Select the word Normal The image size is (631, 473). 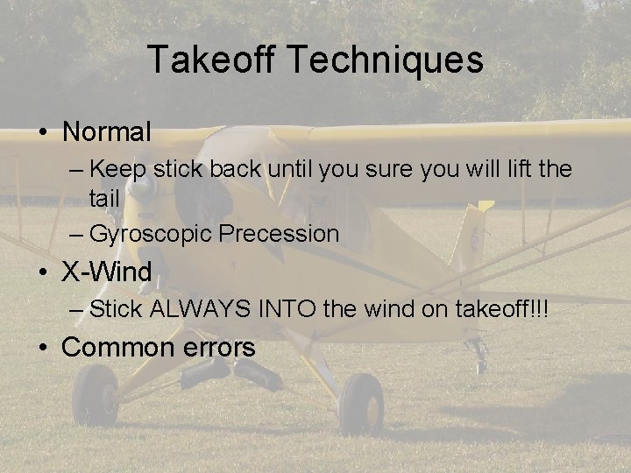[x=107, y=132]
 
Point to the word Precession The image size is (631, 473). [x=280, y=234]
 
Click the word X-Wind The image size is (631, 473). [x=107, y=272]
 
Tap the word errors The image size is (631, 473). [x=219, y=347]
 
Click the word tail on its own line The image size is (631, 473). [x=103, y=199]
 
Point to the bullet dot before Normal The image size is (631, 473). [x=42, y=133]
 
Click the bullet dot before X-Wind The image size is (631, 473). [x=42, y=272]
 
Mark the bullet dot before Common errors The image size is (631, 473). [x=42, y=348]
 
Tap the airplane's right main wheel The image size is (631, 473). [x=360, y=404]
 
